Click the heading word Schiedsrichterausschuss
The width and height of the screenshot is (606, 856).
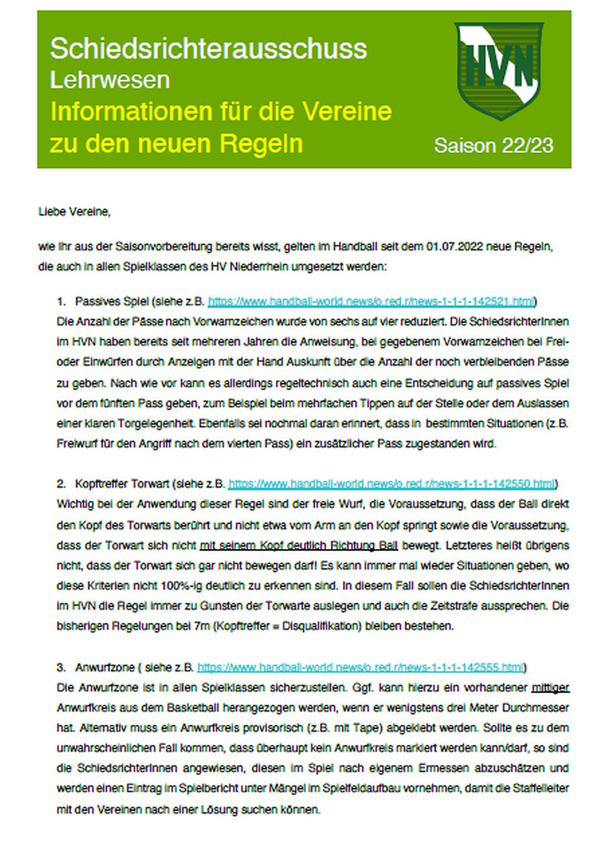click(x=208, y=49)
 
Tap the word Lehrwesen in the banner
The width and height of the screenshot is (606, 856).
click(x=110, y=80)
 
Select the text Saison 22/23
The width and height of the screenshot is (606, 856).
click(x=493, y=145)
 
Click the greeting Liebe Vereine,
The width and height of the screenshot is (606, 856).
click(x=74, y=212)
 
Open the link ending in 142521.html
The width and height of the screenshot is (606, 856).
click(x=371, y=301)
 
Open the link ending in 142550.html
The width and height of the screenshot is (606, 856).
click(x=391, y=484)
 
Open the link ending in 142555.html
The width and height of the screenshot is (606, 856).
click(x=360, y=667)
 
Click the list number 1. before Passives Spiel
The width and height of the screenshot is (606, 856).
click(x=61, y=301)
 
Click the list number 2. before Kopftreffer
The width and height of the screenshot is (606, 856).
click(x=61, y=484)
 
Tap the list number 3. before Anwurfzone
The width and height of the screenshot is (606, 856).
click(x=61, y=667)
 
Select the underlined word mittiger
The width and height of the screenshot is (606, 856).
click(x=550, y=687)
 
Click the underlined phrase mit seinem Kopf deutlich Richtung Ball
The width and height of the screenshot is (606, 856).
click(x=298, y=545)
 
